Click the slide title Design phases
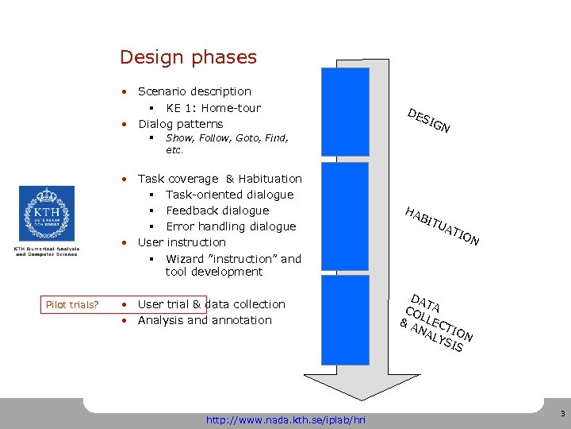(188, 57)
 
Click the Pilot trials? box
(72, 304)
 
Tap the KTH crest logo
(47, 214)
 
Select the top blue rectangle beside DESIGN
(345, 111)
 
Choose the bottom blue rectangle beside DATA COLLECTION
(345, 319)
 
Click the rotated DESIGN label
(429, 120)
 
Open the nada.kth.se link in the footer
(285, 419)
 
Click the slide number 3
(561, 414)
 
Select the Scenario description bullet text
(194, 91)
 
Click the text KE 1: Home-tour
(213, 108)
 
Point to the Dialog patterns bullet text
(180, 124)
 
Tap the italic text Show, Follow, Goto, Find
(225, 138)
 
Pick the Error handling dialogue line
(230, 226)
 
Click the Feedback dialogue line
(217, 211)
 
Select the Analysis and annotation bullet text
(205, 320)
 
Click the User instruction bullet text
(182, 242)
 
